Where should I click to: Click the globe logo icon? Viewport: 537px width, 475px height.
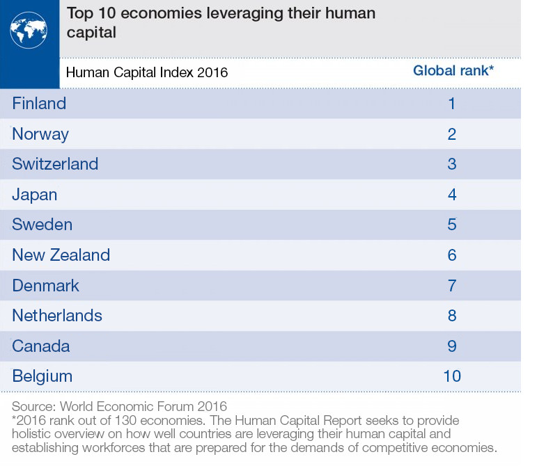[29, 30]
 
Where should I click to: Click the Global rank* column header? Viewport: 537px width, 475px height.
[453, 70]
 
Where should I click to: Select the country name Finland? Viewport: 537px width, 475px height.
[39, 103]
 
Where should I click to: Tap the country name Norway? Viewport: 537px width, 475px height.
[40, 134]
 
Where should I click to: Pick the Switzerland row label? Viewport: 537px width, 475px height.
[55, 164]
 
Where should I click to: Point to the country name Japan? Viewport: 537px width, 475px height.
[35, 195]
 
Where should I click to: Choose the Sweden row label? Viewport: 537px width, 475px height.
[42, 225]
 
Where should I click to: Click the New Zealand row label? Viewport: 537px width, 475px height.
[61, 255]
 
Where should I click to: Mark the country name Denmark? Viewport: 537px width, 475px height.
[45, 286]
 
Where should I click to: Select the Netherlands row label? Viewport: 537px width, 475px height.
[57, 316]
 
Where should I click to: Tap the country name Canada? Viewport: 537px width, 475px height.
[41, 346]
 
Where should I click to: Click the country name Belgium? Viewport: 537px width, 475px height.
[42, 376]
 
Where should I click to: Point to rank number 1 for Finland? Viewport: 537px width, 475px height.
[452, 104]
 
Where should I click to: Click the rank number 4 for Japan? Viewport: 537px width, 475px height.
[452, 195]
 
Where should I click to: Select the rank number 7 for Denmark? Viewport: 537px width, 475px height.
[452, 286]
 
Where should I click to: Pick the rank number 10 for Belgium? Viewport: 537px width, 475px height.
[452, 376]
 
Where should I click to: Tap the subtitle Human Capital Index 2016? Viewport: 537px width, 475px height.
[147, 72]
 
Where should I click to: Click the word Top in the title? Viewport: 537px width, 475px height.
[80, 14]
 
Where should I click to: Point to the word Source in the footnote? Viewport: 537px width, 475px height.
[33, 407]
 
